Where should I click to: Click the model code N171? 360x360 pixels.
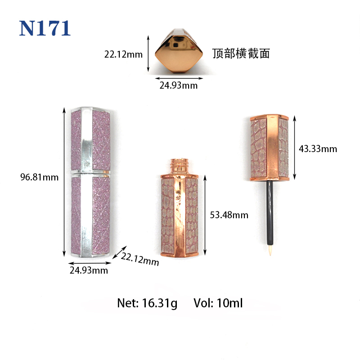point(45,28)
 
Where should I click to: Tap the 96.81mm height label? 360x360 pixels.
point(39,177)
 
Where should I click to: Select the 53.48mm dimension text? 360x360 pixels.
point(229,215)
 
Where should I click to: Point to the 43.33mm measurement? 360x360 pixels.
point(318,149)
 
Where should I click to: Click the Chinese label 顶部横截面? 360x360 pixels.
point(241,54)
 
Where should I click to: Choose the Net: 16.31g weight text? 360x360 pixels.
point(147,303)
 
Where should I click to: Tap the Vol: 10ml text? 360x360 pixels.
point(218,303)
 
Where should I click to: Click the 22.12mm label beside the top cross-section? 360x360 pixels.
point(123,54)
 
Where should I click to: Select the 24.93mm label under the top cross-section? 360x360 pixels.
point(178,85)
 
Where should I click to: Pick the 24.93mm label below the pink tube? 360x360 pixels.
point(89,270)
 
